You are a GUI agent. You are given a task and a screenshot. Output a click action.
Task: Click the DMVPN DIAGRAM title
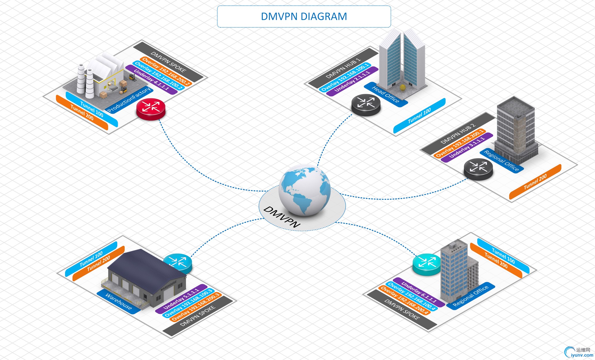tap(304, 16)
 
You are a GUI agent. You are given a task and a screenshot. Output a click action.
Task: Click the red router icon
tap(151, 109)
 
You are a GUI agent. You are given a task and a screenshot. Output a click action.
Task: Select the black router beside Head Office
tap(366, 105)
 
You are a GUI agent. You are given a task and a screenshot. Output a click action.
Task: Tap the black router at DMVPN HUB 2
tap(478, 169)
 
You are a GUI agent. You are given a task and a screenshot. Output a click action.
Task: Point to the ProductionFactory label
tap(129, 100)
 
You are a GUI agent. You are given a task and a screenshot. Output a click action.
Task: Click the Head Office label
tap(386, 94)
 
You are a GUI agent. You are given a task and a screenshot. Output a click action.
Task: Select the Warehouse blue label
tap(119, 301)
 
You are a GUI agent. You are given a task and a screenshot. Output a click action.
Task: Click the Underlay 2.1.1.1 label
tap(352, 81)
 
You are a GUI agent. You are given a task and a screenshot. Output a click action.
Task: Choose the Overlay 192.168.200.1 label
tap(460, 143)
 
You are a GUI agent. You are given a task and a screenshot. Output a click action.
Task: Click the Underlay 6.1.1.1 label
tap(419, 292)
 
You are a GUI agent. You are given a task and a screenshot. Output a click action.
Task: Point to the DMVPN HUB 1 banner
tap(343, 68)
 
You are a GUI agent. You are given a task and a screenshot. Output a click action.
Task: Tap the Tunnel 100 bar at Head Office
tap(419, 115)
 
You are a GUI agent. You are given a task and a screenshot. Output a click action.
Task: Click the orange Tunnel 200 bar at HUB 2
tap(535, 182)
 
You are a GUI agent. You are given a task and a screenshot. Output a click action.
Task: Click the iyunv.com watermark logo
tap(579, 352)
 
